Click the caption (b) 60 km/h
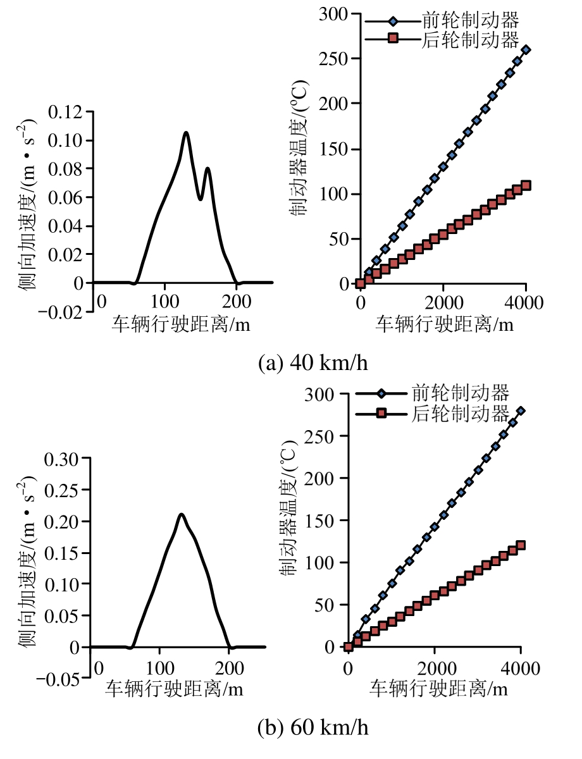click(313, 727)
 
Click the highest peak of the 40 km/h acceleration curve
click(186, 133)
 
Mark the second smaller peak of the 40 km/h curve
click(207, 168)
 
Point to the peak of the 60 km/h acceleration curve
click(182, 514)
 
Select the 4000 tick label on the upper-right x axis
click(526, 302)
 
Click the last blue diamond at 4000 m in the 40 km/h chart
click(526, 49)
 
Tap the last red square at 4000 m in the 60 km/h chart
click(521, 545)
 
